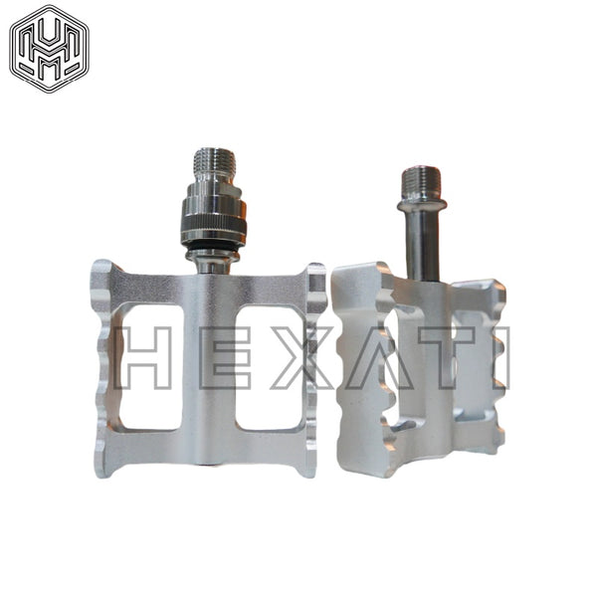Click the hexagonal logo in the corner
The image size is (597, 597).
[49, 49]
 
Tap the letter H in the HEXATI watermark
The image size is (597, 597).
[140, 357]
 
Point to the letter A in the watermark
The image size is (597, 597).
[381, 357]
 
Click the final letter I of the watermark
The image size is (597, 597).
[501, 357]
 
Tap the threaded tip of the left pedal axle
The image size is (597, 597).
[214, 162]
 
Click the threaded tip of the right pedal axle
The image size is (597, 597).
[422, 183]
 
